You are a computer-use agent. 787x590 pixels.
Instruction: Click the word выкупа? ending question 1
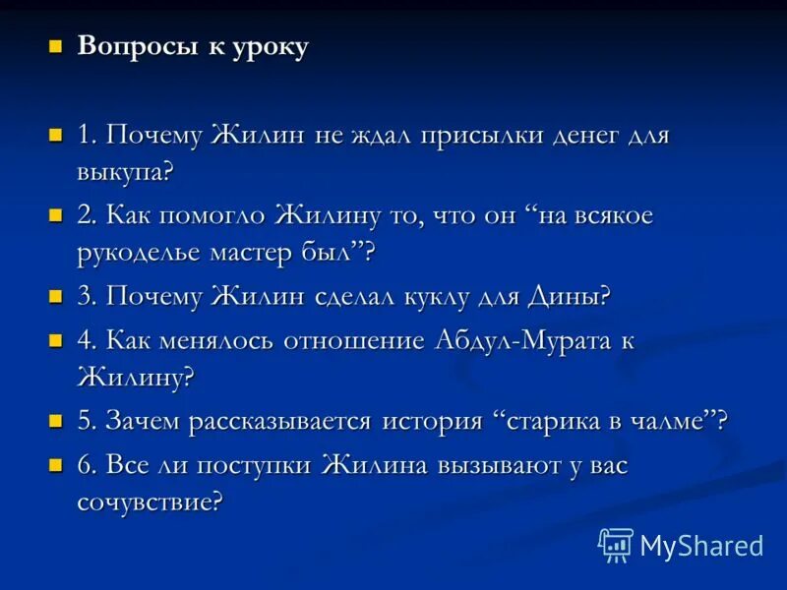(125, 173)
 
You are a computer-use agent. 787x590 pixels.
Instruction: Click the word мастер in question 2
(251, 253)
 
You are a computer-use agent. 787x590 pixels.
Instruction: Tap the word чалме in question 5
(677, 422)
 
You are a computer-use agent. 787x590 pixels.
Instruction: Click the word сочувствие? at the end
(151, 502)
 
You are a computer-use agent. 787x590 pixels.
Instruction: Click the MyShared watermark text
(701, 545)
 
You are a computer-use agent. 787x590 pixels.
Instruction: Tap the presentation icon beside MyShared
(616, 544)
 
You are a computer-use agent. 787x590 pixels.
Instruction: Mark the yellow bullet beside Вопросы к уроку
(56, 46)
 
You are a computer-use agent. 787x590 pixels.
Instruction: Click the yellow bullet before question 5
(56, 420)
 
